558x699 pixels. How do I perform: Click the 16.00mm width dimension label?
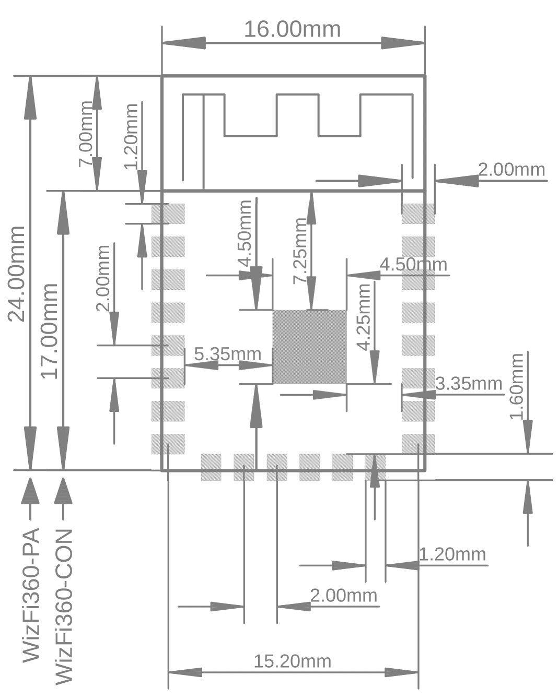pos(292,29)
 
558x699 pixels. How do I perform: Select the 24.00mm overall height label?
pos(16,274)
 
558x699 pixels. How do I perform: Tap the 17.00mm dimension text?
pos(49,331)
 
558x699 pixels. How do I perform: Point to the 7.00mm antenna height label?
pos(85,134)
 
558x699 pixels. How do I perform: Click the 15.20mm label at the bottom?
pos(292,661)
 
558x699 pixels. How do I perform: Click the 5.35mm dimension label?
pos(227,354)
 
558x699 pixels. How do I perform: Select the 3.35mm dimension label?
pos(468,384)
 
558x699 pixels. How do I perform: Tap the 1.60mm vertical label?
pos(516,386)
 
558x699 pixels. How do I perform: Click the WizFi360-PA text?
pos(31,595)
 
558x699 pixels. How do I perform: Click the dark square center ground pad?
pos(309,347)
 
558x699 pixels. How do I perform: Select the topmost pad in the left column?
pos(168,214)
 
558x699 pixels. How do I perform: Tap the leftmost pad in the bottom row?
pos(211,467)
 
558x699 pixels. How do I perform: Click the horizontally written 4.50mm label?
pos(413,264)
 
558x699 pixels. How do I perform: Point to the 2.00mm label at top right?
pos(511,170)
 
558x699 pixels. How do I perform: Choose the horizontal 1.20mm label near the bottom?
pos(452,554)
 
